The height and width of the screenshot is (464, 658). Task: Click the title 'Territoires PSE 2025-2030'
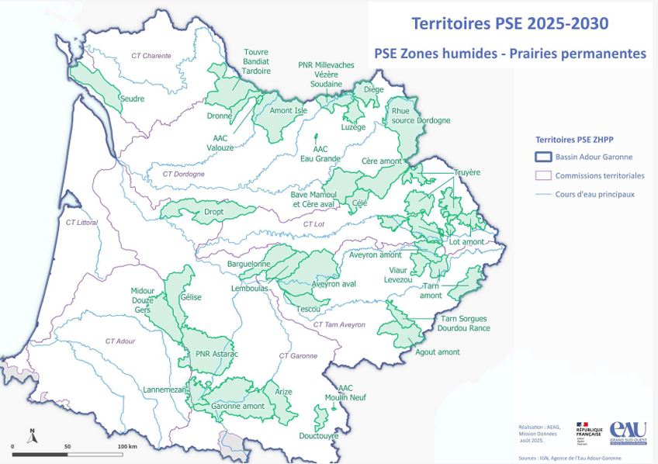[509, 23]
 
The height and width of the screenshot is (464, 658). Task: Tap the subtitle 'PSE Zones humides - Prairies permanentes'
[510, 54]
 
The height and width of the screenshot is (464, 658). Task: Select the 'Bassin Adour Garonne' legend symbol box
[542, 158]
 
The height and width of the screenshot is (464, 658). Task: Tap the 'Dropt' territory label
[213, 211]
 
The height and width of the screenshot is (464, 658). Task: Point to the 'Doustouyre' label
[319, 436]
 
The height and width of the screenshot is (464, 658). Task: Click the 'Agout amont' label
[438, 352]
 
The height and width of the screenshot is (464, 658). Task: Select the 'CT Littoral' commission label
[81, 223]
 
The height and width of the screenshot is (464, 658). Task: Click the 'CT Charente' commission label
[151, 56]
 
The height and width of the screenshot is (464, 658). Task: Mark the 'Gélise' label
[190, 296]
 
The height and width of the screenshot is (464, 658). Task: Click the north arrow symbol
[32, 436]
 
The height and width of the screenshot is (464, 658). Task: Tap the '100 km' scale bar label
[127, 447]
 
